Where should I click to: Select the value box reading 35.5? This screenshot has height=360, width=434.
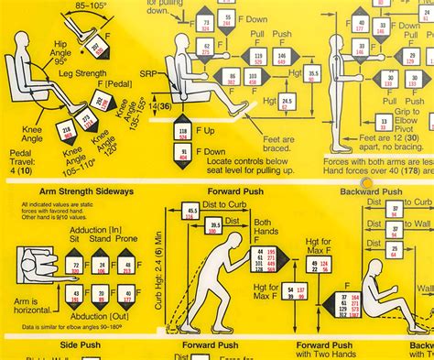pos(314,72)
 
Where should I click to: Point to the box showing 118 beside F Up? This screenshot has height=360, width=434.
pos(182,133)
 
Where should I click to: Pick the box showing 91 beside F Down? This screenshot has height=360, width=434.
pos(182,154)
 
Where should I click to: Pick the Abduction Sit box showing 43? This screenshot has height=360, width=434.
pos(73,294)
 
